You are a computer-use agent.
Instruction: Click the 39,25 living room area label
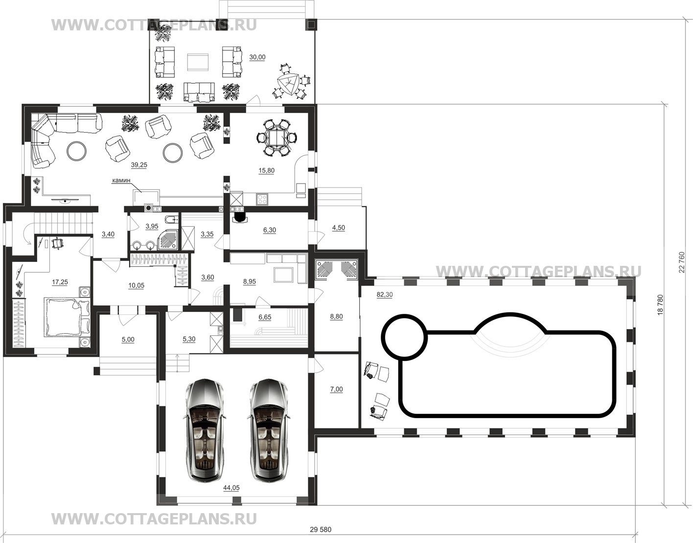pyautogui.click(x=139, y=165)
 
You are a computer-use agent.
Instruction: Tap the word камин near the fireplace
pyautogui.click(x=121, y=181)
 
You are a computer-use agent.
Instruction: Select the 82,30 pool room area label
pyautogui.click(x=385, y=294)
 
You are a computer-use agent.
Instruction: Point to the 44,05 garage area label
pyautogui.click(x=231, y=488)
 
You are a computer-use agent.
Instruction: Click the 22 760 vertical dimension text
pyautogui.click(x=681, y=262)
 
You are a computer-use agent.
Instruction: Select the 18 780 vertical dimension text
pyautogui.click(x=660, y=305)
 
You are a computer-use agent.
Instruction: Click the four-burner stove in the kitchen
pyautogui.click(x=262, y=199)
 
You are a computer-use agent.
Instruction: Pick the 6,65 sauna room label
pyautogui.click(x=265, y=317)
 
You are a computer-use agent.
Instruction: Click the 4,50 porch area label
pyautogui.click(x=338, y=228)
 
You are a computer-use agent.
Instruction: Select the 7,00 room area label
pyautogui.click(x=336, y=389)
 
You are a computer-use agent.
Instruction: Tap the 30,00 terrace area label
pyautogui.click(x=257, y=57)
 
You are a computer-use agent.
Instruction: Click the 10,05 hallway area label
pyautogui.click(x=136, y=285)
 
